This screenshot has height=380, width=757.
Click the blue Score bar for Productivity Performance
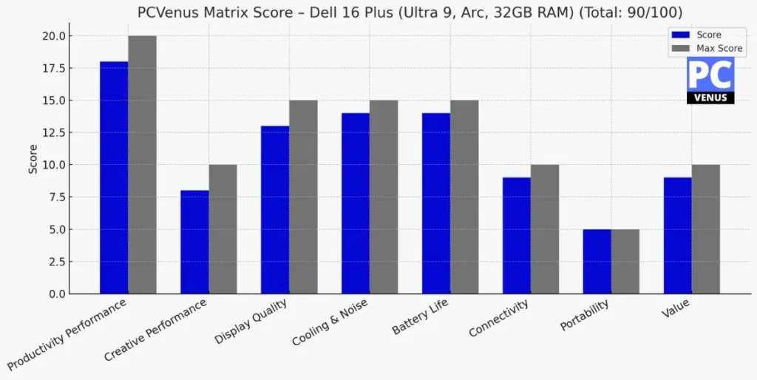point(114,177)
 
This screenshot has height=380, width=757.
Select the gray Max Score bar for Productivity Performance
point(142,165)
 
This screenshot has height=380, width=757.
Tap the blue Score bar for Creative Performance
point(194,242)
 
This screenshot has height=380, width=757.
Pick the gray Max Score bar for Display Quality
point(303,197)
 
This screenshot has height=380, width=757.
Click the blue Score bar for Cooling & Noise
point(356,203)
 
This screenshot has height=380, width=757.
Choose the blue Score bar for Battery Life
point(436,203)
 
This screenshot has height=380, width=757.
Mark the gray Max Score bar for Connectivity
point(545,229)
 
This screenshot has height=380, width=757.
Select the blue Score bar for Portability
point(597,262)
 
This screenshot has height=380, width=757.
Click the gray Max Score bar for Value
point(706,229)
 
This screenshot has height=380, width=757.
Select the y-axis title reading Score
point(33,159)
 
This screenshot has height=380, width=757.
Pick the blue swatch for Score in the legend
point(680,35)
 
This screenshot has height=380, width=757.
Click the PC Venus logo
point(710,81)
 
